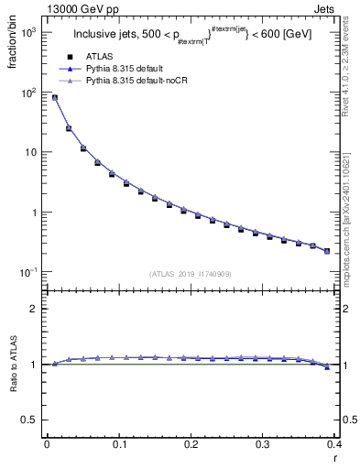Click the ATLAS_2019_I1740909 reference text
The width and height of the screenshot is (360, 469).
coord(191,273)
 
